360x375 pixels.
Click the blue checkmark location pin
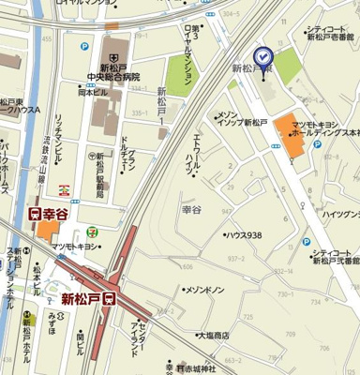click(x=262, y=56)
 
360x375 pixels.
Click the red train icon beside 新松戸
click(x=110, y=300)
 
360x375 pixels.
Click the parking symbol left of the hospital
click(x=85, y=46)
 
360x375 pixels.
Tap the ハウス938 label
click(x=246, y=235)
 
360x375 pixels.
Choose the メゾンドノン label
click(x=205, y=291)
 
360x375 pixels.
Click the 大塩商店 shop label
click(x=211, y=335)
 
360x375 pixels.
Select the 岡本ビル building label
click(x=94, y=93)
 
